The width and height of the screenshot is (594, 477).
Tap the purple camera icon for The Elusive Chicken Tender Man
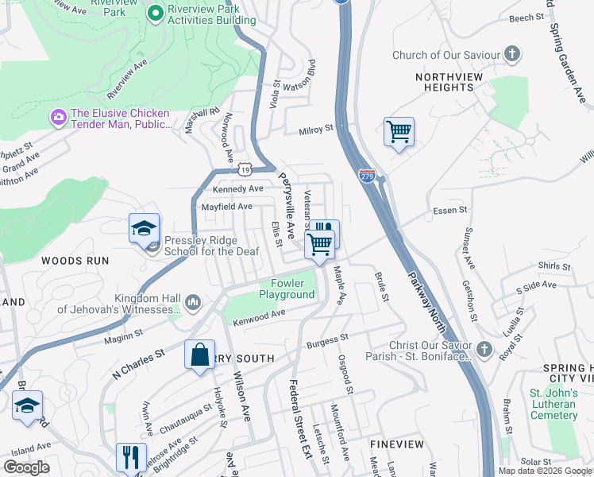click(58, 118)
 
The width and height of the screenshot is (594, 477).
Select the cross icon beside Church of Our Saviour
click(513, 55)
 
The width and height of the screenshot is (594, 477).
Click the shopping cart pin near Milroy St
click(399, 133)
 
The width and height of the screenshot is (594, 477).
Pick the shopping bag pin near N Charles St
click(200, 355)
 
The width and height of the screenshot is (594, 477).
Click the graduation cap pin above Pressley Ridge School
click(145, 228)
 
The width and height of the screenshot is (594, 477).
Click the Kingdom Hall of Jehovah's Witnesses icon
click(193, 302)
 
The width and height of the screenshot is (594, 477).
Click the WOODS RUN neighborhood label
click(72, 260)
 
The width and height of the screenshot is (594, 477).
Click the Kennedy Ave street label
click(237, 188)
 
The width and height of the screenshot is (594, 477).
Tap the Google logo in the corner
click(26, 467)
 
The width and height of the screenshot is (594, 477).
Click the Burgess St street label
click(327, 343)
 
